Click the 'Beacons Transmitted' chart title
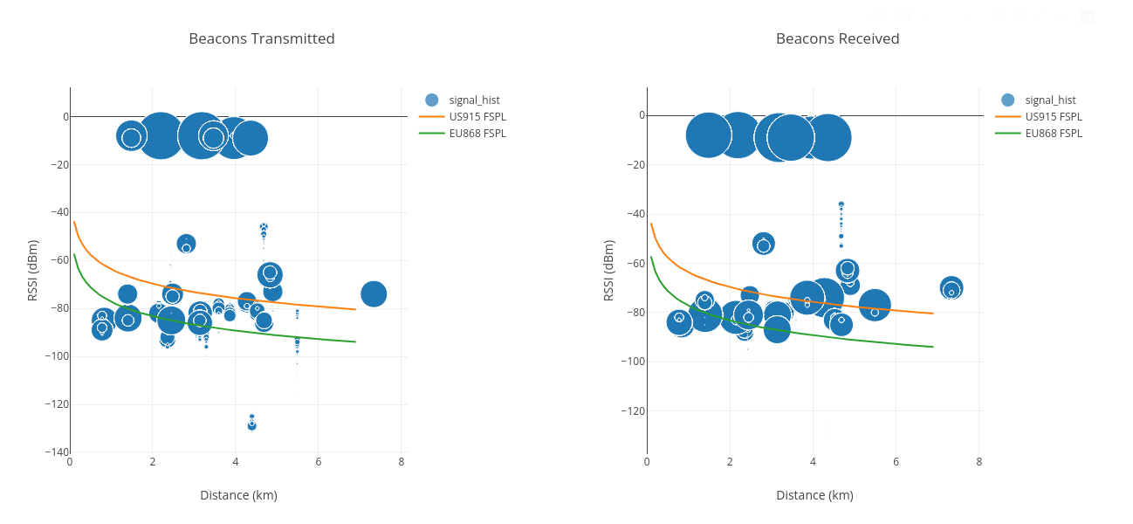[x=261, y=38]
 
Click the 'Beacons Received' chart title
[x=837, y=38]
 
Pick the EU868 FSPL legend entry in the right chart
[x=1053, y=133]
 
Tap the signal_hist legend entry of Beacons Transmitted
[x=474, y=100]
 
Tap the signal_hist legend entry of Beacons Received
[x=1050, y=100]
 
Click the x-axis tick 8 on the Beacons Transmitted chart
[x=402, y=462]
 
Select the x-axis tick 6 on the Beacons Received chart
[x=896, y=462]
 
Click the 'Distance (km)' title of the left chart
[x=238, y=495]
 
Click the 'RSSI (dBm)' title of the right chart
[x=608, y=271]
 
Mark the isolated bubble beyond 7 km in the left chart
[x=374, y=294]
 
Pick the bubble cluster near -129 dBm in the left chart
[x=251, y=424]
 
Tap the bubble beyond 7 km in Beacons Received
[x=951, y=287]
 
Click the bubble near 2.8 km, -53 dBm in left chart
[x=186, y=244]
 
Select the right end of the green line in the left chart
[x=355, y=341]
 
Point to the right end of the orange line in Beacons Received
[x=933, y=313]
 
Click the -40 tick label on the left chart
[x=56, y=212]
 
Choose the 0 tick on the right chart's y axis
[x=641, y=115]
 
